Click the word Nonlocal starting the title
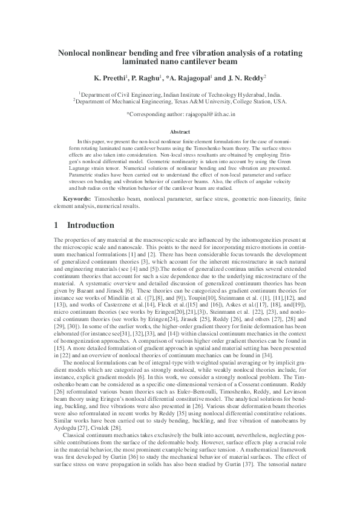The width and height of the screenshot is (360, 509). tap(76, 53)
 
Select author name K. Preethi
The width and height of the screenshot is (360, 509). tap(110, 79)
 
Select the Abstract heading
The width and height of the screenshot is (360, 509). tap(180, 131)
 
